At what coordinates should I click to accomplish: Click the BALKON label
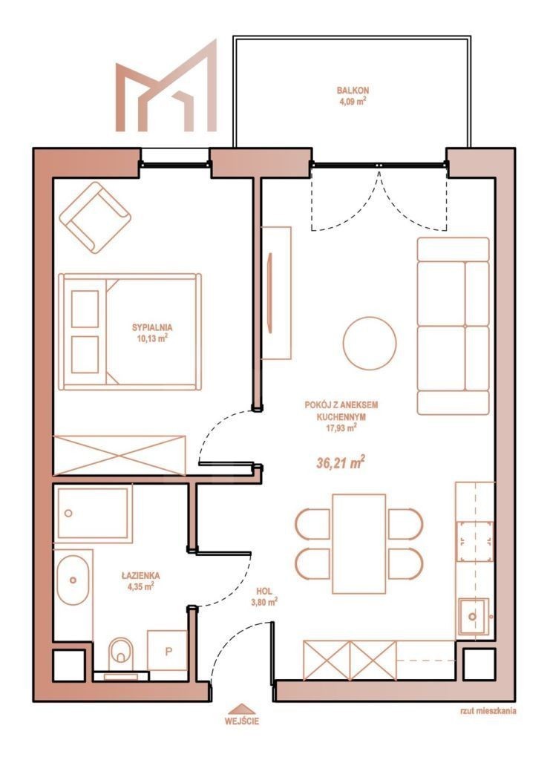[x=353, y=90]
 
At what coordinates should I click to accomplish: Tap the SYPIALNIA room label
[x=151, y=327]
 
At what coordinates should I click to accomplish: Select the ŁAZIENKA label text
[x=140, y=576]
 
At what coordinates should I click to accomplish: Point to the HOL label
[x=264, y=592]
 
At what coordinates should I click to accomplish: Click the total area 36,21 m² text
[x=340, y=462]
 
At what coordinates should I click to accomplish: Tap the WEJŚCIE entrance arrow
[x=241, y=707]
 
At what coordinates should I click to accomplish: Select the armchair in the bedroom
[x=95, y=217]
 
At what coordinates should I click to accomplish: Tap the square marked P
[x=168, y=651]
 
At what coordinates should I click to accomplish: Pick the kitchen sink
[x=473, y=617]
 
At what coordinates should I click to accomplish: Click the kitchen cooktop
[x=475, y=541]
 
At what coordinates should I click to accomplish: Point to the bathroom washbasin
[x=73, y=580]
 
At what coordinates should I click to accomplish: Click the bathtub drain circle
[x=68, y=513]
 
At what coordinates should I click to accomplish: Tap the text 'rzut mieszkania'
[x=488, y=711]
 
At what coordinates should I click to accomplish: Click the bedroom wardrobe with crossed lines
[x=120, y=455]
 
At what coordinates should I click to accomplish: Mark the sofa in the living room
[x=453, y=326]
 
